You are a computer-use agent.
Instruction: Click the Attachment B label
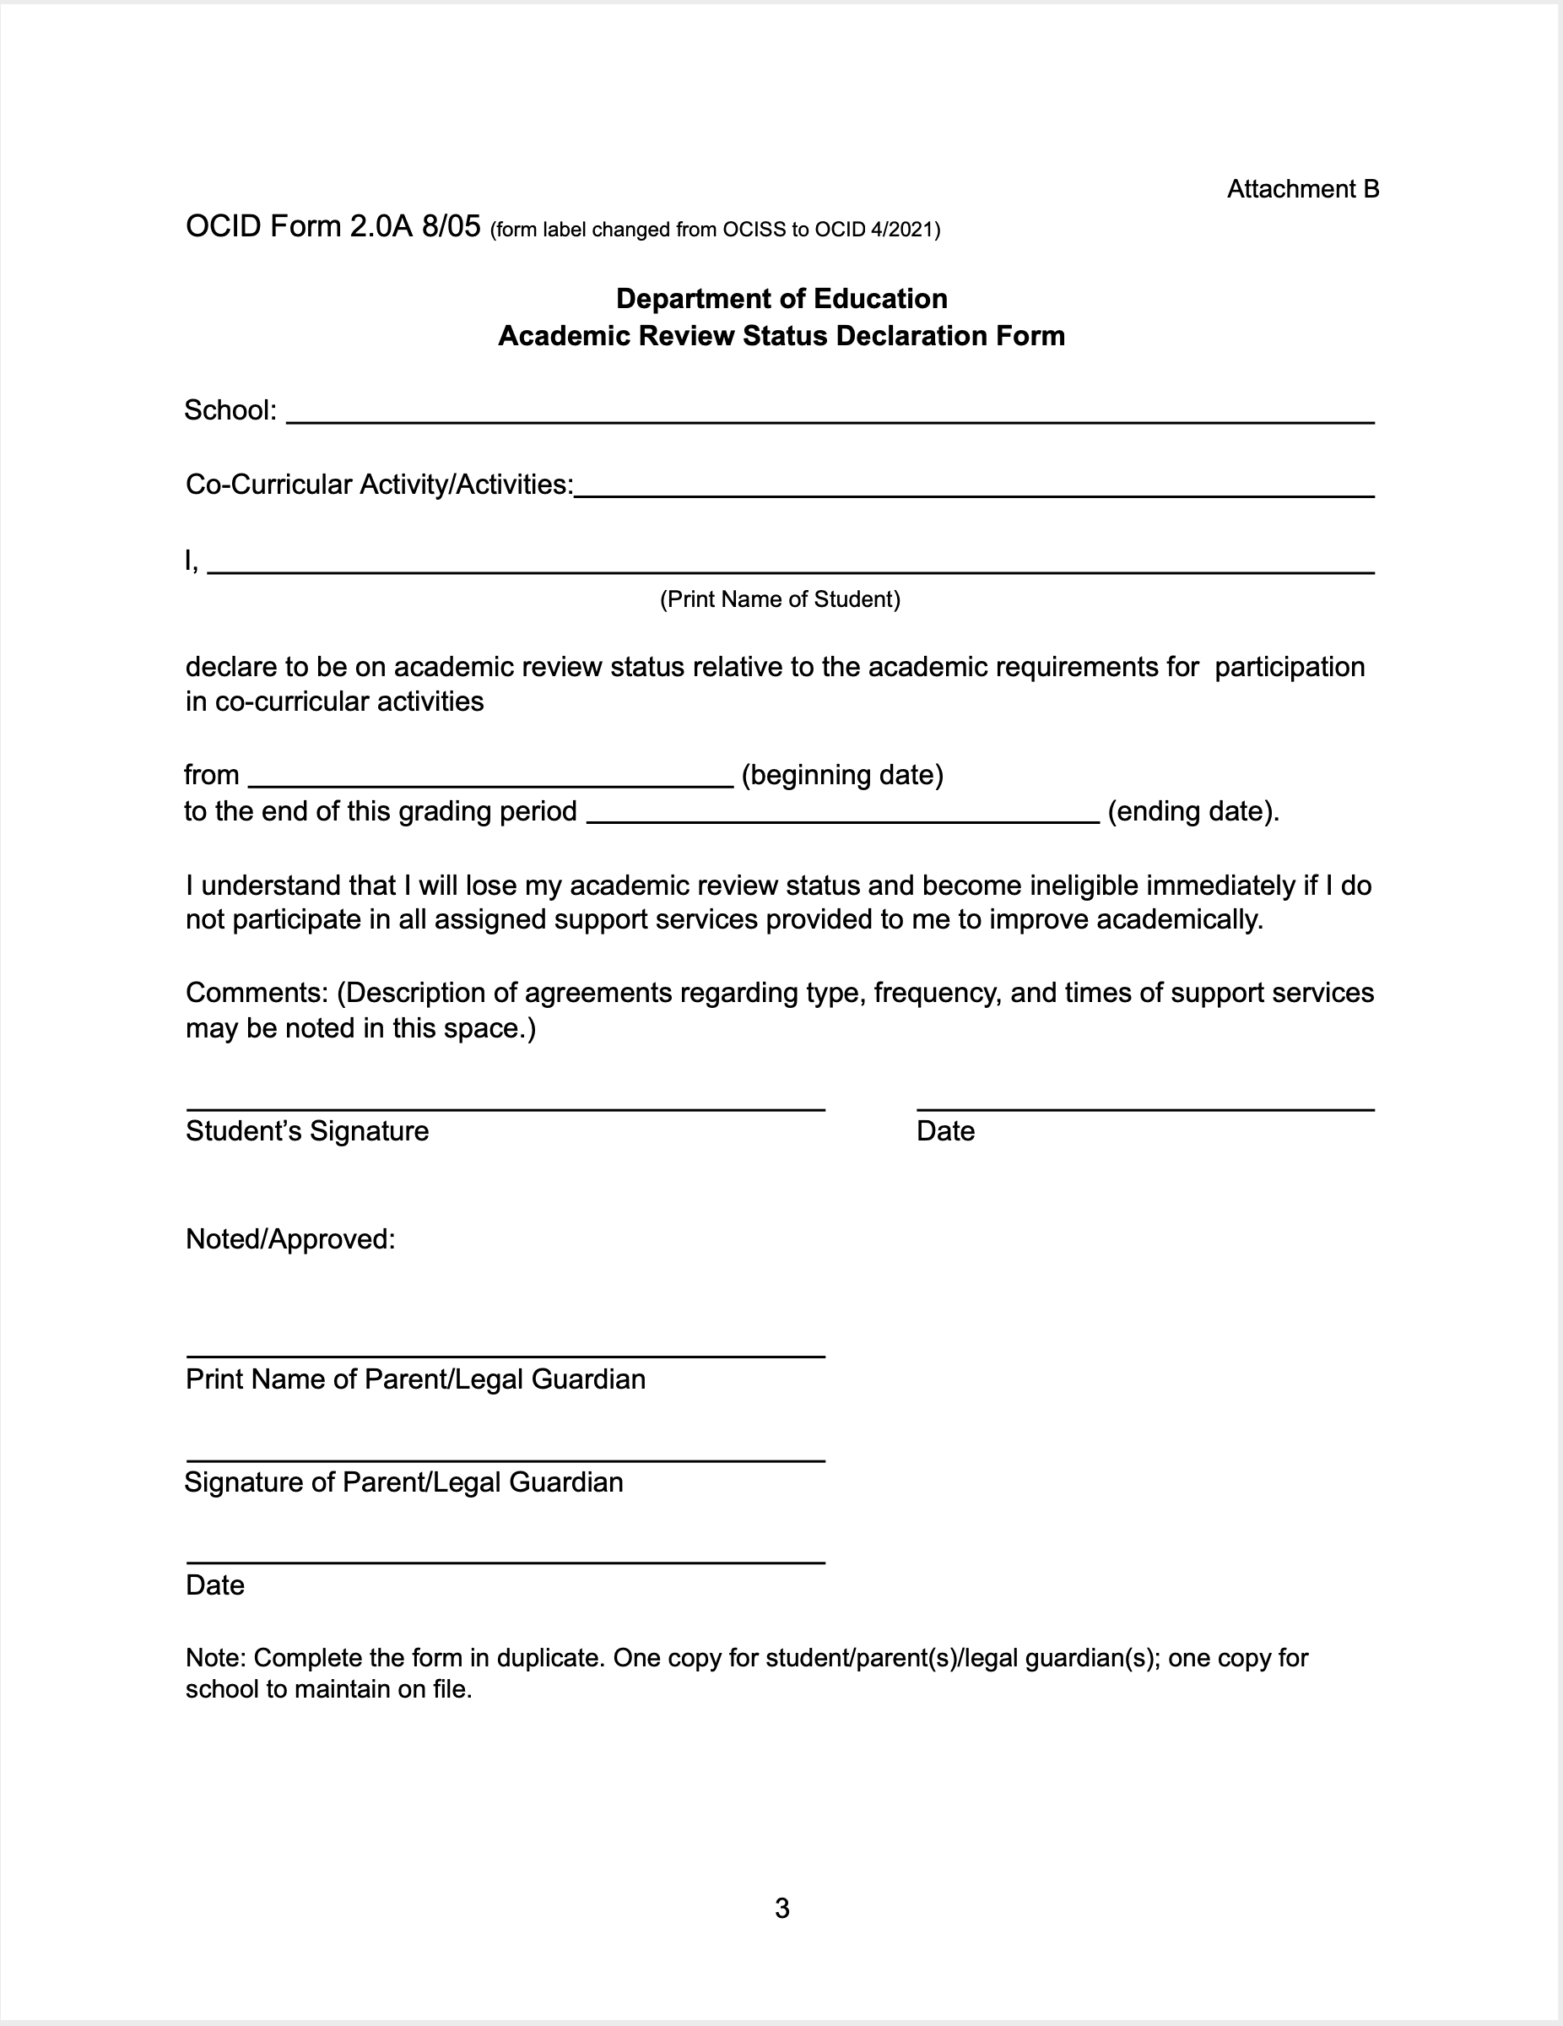click(x=1302, y=189)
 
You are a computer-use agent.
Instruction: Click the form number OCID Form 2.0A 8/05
click(x=333, y=226)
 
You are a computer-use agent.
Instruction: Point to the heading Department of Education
click(x=781, y=299)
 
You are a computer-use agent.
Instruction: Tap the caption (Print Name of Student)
click(x=779, y=599)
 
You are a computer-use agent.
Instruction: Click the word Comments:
click(x=257, y=993)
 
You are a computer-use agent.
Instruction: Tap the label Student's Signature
click(x=307, y=1131)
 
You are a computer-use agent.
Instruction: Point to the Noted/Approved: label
click(x=290, y=1239)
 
